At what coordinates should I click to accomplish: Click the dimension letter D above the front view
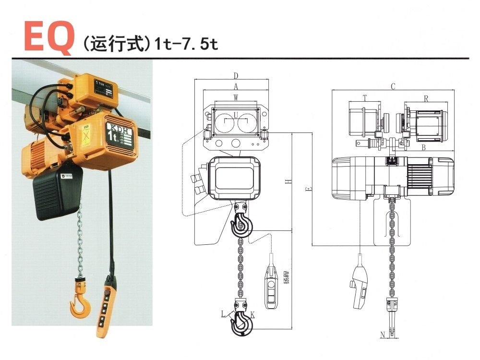coord(236,75)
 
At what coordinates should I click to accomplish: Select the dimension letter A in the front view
coord(236,86)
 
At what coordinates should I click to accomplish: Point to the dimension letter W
coord(236,97)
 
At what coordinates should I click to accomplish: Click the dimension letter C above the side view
coord(393,86)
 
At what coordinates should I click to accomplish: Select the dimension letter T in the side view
coord(365,97)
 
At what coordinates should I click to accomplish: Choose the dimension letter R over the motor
coord(426,97)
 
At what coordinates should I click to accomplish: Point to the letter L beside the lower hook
coord(224,314)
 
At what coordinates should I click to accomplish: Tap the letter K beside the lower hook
coord(252,315)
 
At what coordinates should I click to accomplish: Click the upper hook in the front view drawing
coord(241,222)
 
